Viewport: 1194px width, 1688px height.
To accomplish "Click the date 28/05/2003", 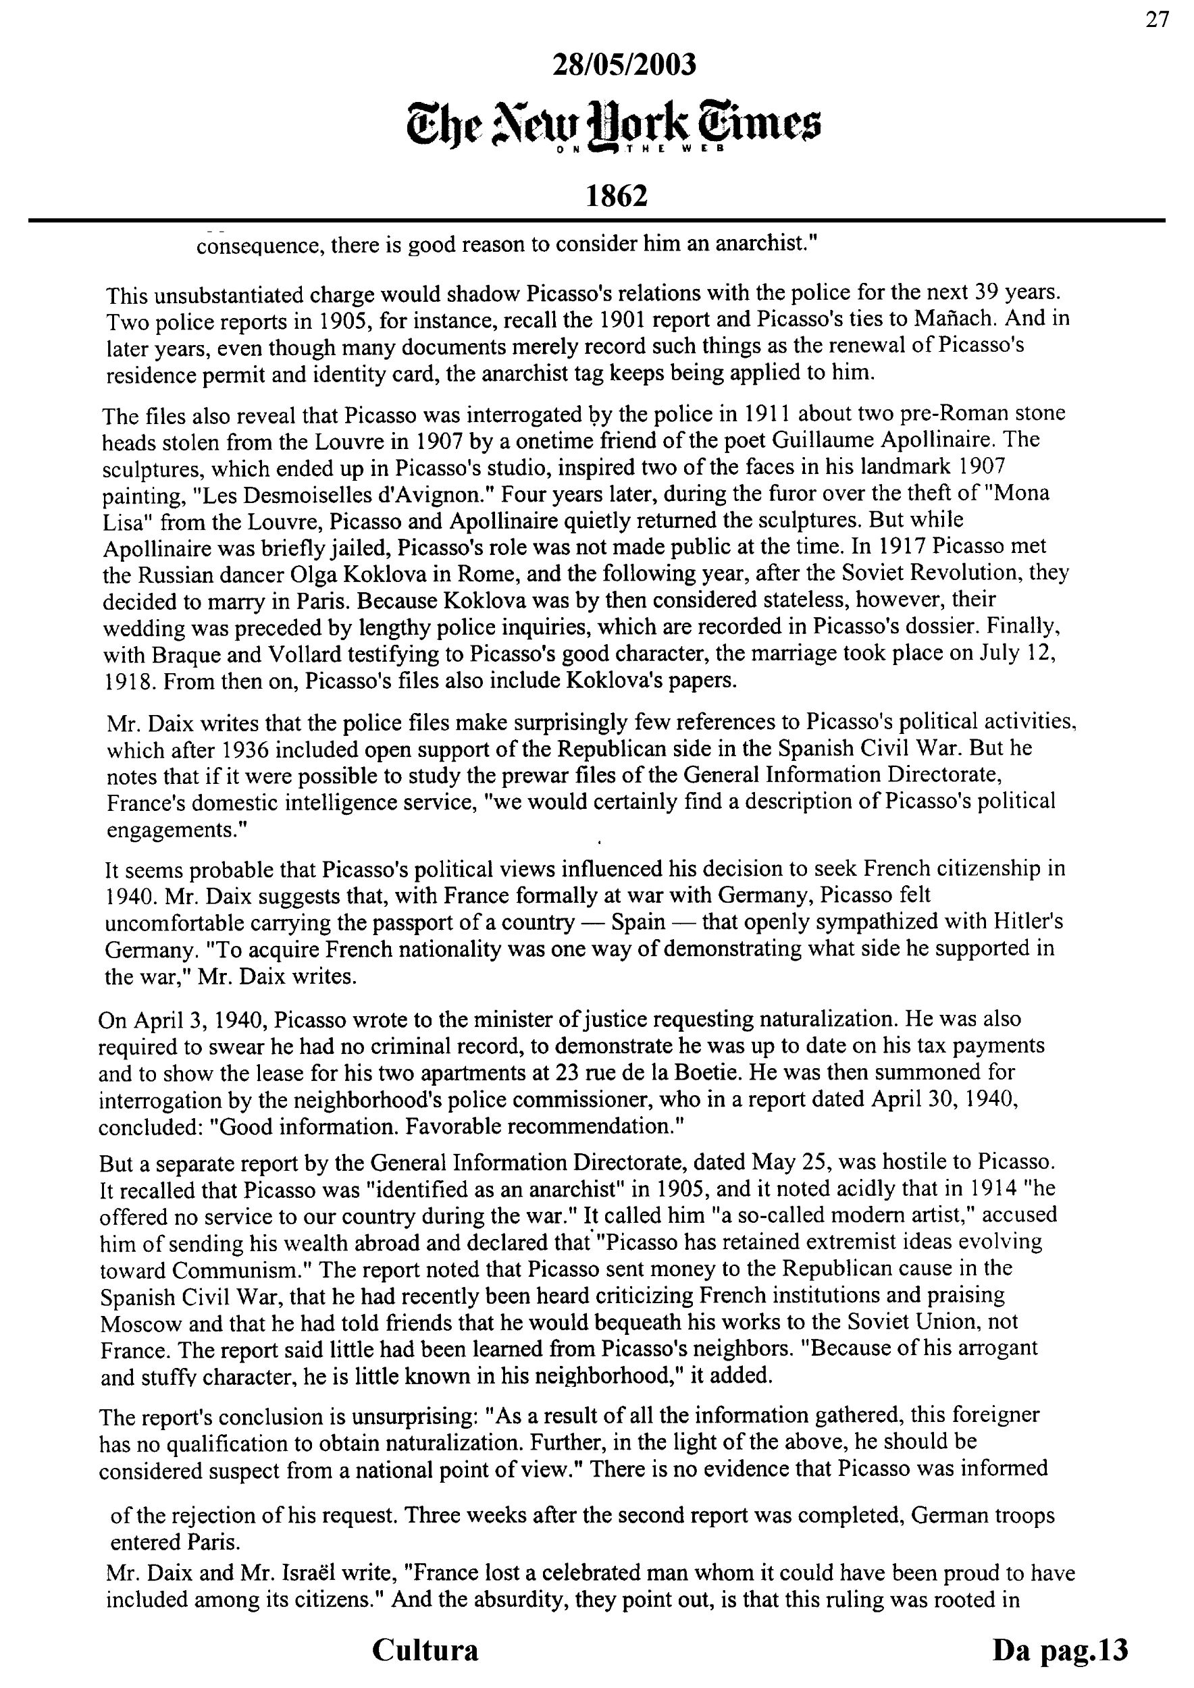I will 623,65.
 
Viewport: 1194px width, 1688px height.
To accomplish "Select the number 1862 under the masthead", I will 616,196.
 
